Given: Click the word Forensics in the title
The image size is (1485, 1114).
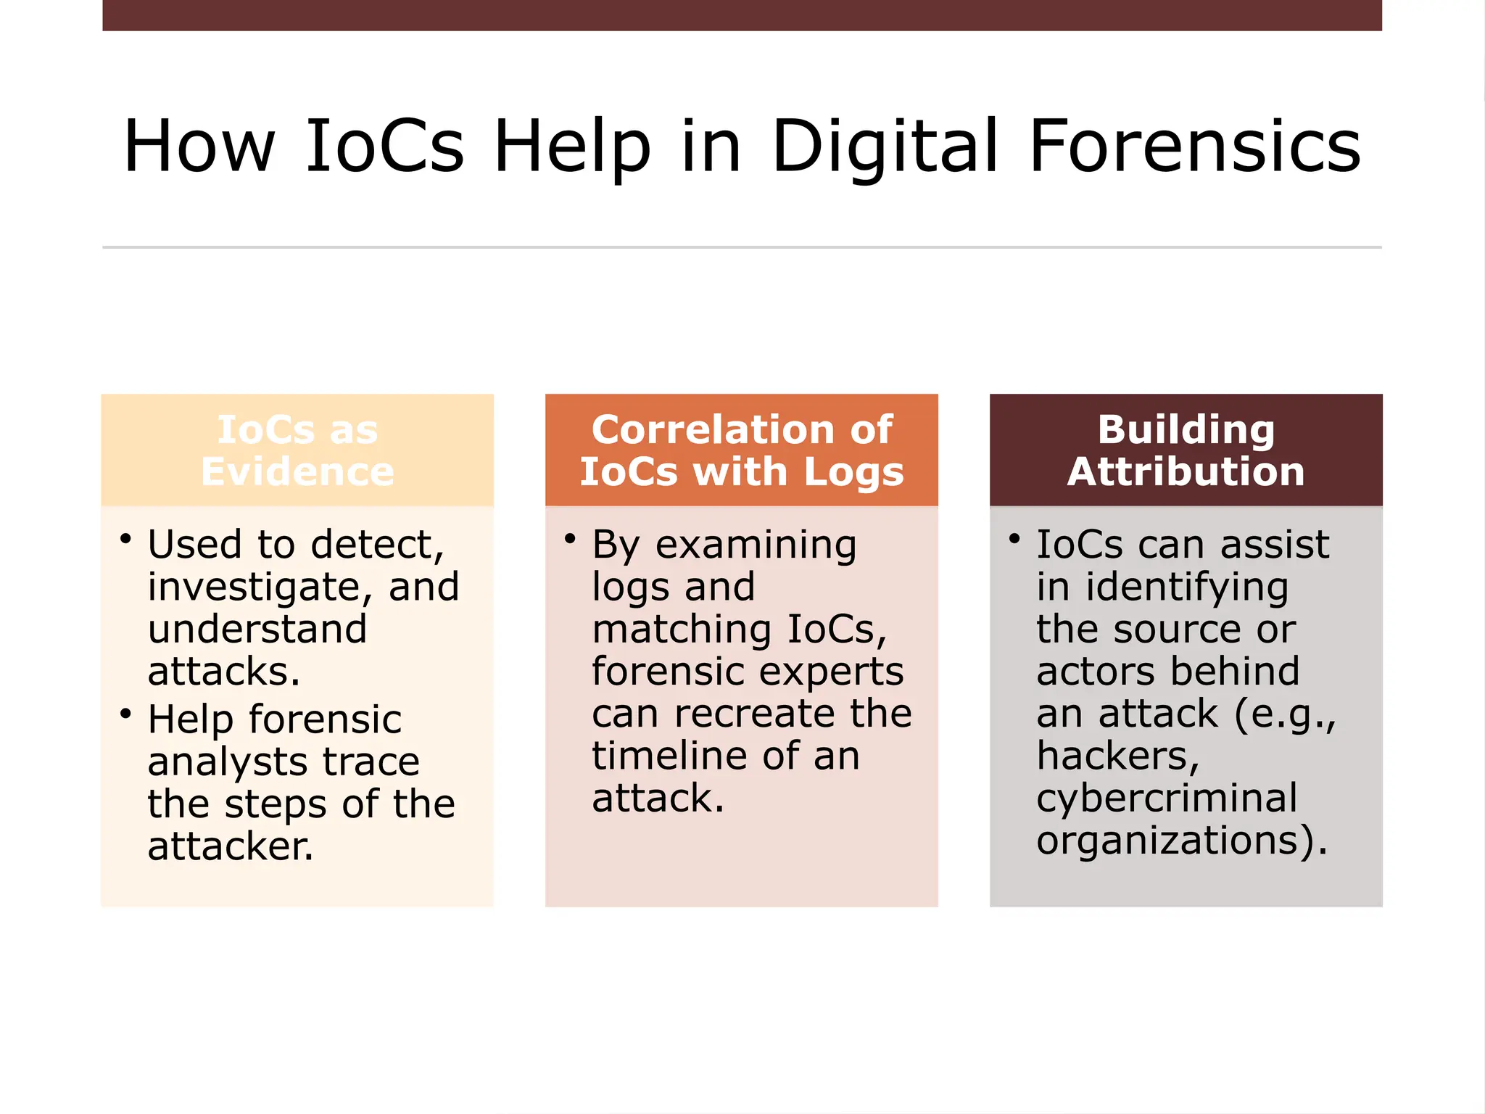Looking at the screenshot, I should coord(1194,147).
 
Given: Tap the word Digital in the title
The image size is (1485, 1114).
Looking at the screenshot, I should coord(885,147).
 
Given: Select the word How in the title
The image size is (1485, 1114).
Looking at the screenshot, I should coord(199,147).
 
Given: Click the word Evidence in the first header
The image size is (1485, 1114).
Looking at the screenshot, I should coord(297,472).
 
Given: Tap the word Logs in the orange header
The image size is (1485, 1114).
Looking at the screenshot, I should coord(853,472).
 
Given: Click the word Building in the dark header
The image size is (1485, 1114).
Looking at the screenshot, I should coord(1186,429).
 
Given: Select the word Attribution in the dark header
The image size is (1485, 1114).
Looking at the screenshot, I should coord(1186,472).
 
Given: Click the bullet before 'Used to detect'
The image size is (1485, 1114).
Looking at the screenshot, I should coord(126,539).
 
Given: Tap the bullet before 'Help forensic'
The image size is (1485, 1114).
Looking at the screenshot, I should coord(126,714).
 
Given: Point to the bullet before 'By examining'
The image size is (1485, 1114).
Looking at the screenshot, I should coord(570,539).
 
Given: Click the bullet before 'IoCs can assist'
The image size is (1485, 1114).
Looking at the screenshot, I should coord(1014,539).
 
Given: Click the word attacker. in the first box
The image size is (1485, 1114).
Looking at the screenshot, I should coord(231,846).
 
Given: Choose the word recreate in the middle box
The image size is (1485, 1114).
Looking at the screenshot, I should coord(756,714).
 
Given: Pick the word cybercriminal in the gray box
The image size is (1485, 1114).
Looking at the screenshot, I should coord(1167,799).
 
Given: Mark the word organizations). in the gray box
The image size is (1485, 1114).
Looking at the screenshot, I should coord(1182,841).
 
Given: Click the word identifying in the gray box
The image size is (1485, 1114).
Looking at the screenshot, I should coord(1186,587).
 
